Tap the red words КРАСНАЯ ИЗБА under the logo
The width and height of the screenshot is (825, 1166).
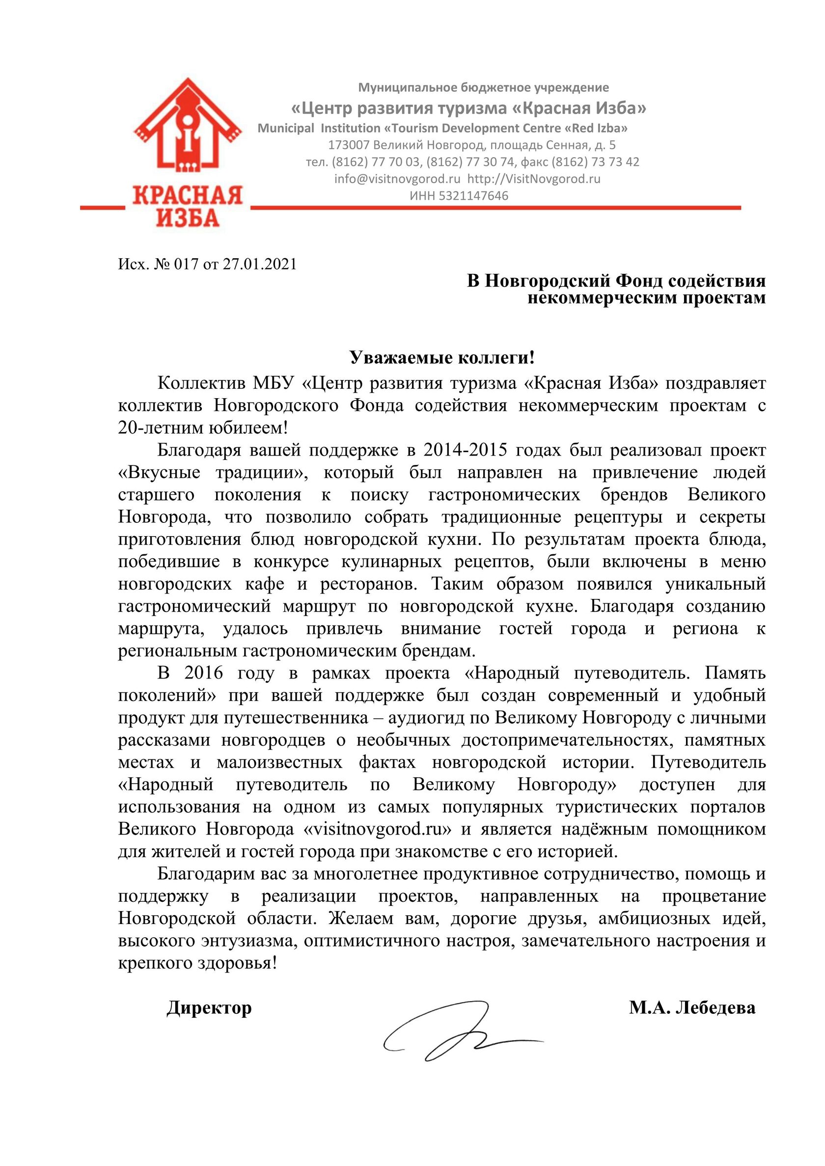click(x=188, y=206)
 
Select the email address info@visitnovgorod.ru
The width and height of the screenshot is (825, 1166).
click(x=397, y=179)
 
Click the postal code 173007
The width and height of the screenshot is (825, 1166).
click(x=349, y=145)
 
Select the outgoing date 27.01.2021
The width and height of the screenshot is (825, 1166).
click(x=260, y=264)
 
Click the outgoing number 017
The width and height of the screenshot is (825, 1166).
click(x=186, y=264)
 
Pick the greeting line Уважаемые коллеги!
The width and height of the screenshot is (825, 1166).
click(x=442, y=358)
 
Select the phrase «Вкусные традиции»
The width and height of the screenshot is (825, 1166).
click(x=210, y=473)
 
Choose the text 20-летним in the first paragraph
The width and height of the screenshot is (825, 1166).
click(x=161, y=428)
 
